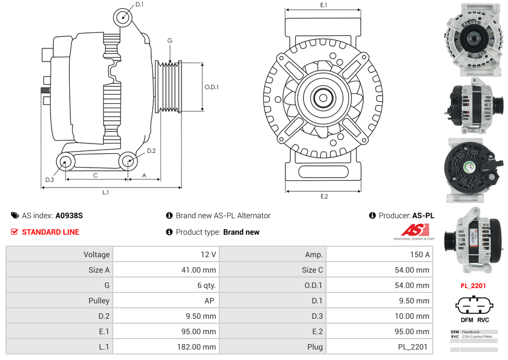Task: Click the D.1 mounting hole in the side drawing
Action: click(x=123, y=18)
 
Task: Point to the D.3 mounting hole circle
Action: click(x=65, y=162)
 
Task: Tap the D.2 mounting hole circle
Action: click(x=128, y=162)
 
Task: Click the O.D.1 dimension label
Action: click(x=212, y=87)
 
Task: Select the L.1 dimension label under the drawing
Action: click(x=106, y=192)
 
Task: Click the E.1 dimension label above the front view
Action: click(x=324, y=5)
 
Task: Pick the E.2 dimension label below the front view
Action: click(x=324, y=197)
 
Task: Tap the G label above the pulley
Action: click(x=170, y=41)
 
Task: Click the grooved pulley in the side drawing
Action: click(x=169, y=86)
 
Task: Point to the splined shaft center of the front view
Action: click(x=323, y=98)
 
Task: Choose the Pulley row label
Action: click(x=99, y=301)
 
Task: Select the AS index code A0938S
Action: click(x=69, y=216)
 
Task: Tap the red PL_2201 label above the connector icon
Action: click(x=473, y=286)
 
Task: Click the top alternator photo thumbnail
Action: click(x=473, y=40)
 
